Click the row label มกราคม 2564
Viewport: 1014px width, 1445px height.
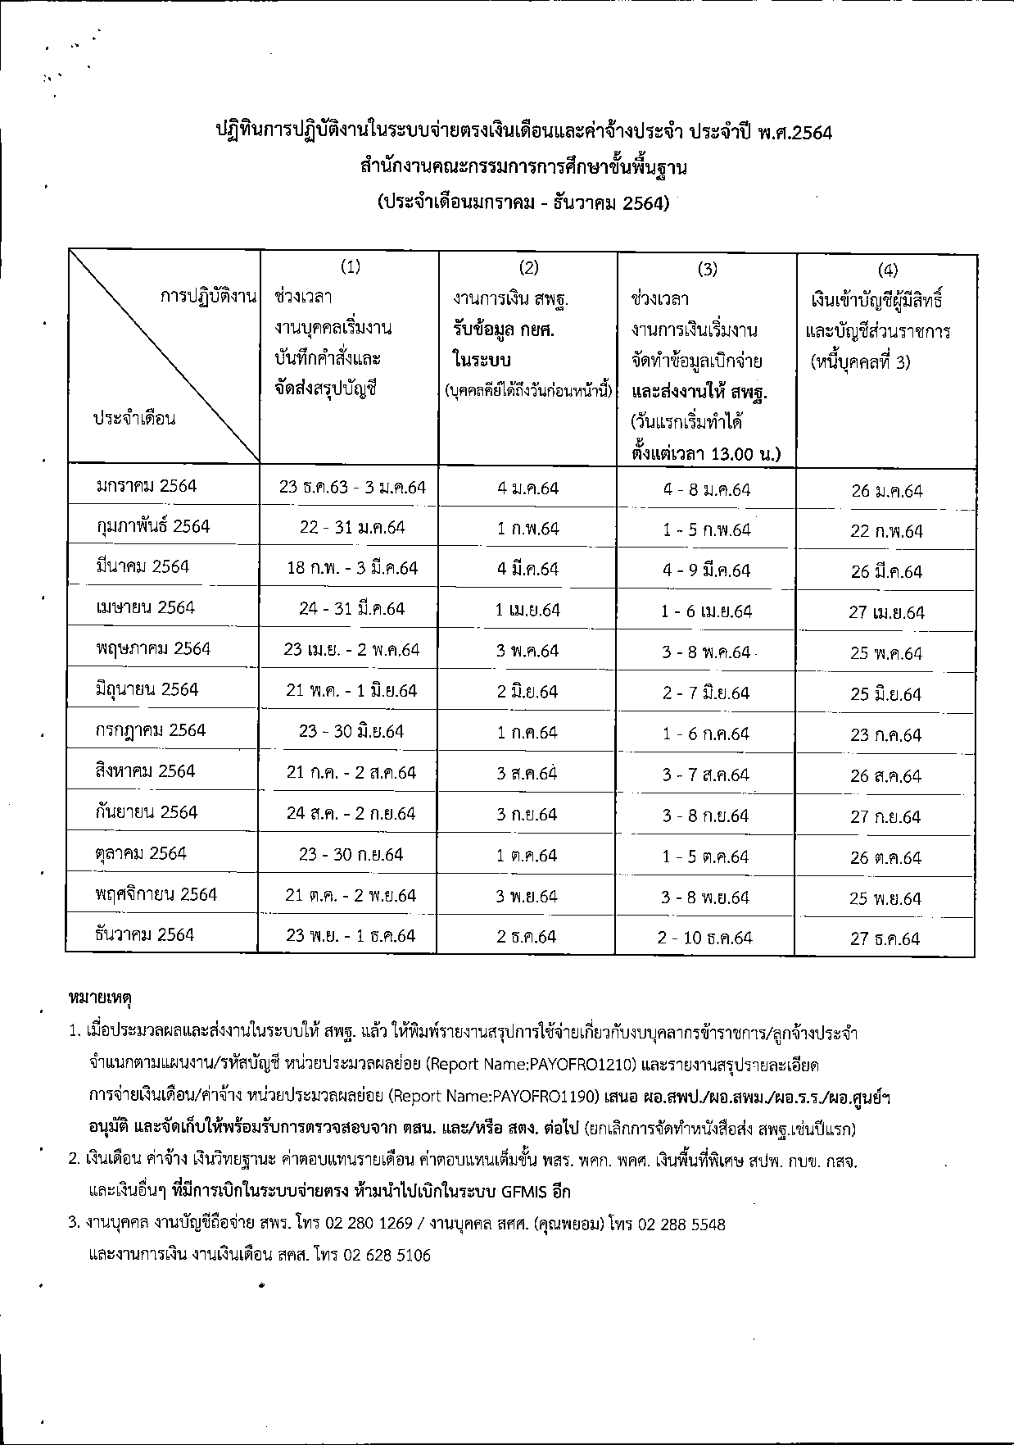[146, 486]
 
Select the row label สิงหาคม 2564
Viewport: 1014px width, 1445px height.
[145, 771]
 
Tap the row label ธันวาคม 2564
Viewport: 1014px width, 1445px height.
[144, 935]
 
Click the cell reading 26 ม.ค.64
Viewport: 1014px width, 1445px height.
[886, 491]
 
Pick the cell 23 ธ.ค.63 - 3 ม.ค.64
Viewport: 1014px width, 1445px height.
[352, 488]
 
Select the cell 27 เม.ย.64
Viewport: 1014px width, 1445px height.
[886, 612]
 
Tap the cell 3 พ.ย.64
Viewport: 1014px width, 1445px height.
[527, 897]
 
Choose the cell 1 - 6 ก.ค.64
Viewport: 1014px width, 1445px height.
[706, 734]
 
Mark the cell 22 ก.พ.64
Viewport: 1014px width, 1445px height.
[886, 531]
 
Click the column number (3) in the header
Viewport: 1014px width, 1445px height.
[707, 269]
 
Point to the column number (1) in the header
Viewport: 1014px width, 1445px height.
[350, 266]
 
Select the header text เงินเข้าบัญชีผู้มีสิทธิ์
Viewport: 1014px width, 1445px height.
[877, 301]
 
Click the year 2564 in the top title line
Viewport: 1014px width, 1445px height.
[808, 132]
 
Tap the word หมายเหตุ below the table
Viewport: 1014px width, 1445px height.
[100, 998]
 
